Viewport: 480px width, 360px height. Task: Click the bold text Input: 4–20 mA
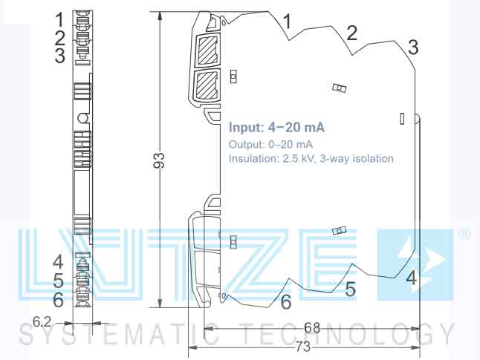276,127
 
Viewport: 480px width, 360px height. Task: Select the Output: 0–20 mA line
270,143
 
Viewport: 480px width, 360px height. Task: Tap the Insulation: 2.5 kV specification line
311,158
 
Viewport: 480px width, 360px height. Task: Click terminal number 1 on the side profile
287,20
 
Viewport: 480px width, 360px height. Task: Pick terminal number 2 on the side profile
351,32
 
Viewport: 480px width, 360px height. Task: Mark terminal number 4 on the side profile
411,279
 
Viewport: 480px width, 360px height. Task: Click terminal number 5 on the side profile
350,289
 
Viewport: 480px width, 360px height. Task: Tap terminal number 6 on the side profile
285,302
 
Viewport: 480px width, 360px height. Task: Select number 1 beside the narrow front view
59,18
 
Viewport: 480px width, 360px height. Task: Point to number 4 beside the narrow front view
58,261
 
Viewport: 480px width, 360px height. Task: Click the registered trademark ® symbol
464,235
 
